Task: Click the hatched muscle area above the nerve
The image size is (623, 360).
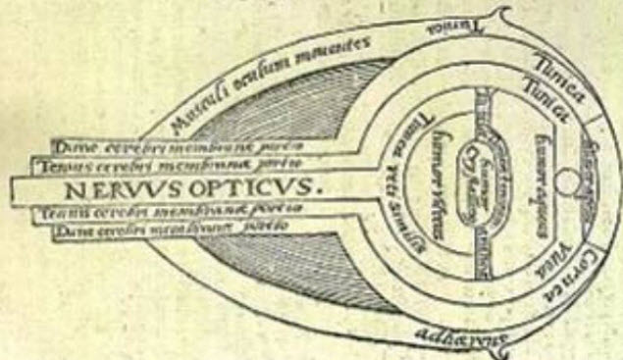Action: [294, 108]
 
